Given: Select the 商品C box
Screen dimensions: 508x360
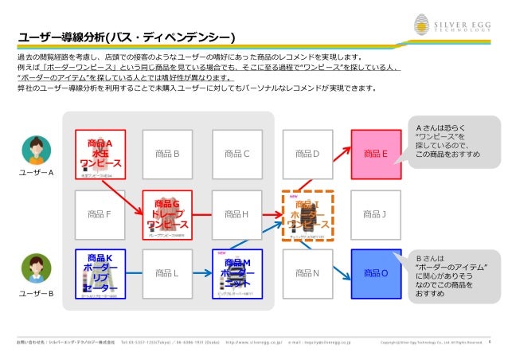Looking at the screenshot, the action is pos(236,154).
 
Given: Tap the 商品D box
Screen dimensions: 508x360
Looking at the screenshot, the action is pos(307,154).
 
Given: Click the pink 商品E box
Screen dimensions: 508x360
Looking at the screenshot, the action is pos(375,154).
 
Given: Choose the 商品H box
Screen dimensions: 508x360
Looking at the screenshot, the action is pos(236,213).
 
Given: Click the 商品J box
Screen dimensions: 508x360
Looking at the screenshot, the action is pos(374,213).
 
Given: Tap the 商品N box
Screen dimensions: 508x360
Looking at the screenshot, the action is pos(307,273).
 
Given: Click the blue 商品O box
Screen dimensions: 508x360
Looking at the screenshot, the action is pos(375,273).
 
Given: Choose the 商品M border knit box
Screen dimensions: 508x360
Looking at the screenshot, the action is pos(236,273).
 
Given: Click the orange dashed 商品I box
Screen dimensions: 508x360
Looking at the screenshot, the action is pos(307,214).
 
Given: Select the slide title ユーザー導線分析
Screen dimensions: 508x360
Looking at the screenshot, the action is pos(127,37).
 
